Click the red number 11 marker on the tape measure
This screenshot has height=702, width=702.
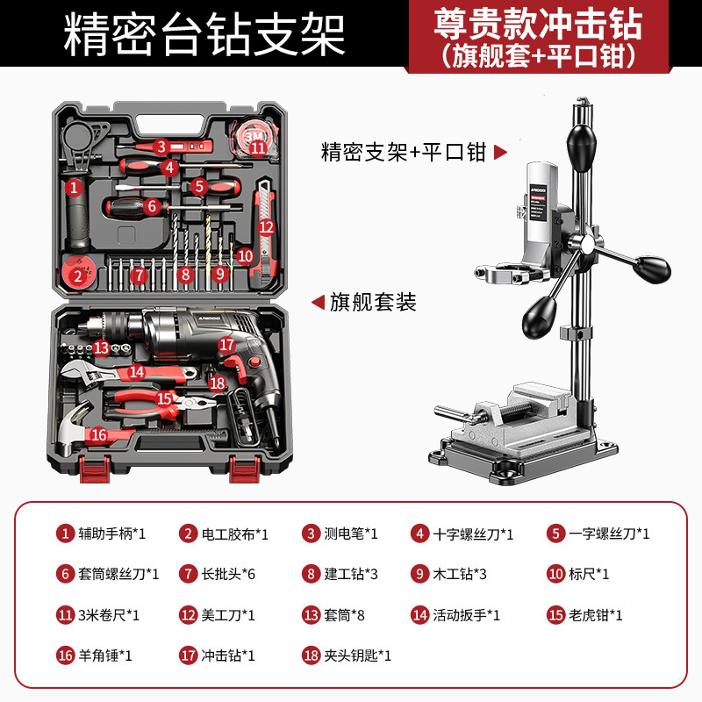pos(258,147)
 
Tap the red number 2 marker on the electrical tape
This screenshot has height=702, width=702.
pos(78,276)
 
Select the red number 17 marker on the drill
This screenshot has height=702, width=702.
pos(226,345)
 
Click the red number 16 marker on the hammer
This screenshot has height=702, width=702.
pos(99,434)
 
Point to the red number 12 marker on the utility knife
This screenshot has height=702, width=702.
pos(266,227)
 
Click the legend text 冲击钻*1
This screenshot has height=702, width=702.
pos(228,655)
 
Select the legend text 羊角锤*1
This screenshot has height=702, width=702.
pos(105,655)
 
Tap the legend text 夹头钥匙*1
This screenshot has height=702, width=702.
pos(358,655)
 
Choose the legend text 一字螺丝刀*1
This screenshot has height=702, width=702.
pos(609,534)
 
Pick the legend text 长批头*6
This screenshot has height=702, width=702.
pos(228,574)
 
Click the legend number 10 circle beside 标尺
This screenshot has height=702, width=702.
pos(555,574)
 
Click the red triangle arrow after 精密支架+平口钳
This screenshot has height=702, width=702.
pos(500,152)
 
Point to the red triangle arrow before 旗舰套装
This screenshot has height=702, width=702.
pos(318,302)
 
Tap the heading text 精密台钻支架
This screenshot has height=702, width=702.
pos(204,35)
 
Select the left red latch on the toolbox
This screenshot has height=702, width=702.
pos(95,469)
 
